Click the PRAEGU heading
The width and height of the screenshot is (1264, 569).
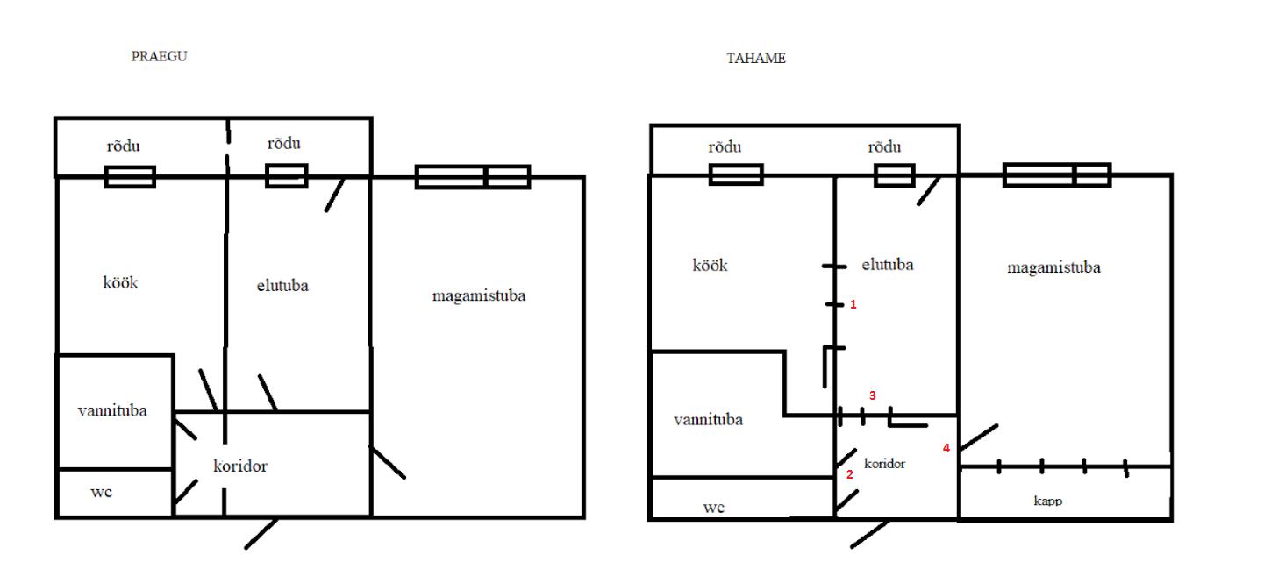click(159, 56)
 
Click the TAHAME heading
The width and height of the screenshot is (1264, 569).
click(755, 59)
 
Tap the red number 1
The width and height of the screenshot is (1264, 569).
click(852, 305)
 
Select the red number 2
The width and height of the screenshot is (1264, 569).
click(849, 474)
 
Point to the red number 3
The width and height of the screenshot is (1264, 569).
click(872, 395)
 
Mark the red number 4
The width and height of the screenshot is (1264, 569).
click(946, 448)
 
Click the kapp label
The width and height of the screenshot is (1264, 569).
click(1048, 501)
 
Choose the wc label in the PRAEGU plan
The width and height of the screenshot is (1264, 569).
click(101, 492)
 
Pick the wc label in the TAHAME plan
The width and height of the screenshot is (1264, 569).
click(714, 507)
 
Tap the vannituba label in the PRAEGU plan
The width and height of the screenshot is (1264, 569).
click(112, 410)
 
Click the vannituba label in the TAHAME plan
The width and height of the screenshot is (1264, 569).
click(708, 420)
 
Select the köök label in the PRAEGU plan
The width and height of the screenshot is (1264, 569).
click(121, 283)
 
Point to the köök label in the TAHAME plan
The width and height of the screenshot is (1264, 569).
click(710, 266)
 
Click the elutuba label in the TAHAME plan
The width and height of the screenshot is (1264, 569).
click(888, 264)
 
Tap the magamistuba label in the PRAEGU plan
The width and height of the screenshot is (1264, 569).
click(479, 295)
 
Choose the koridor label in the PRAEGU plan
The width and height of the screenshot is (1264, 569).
click(239, 466)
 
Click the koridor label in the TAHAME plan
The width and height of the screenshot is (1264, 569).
click(884, 463)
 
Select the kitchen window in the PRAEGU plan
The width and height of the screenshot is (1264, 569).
click(130, 177)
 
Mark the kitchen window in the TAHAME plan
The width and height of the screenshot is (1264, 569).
click(736, 175)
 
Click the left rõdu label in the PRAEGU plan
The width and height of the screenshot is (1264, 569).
click(123, 146)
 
